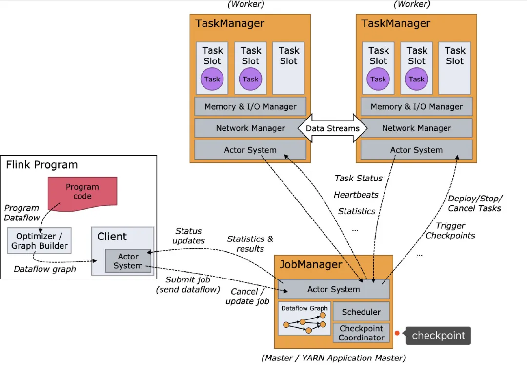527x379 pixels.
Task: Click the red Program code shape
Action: (x=82, y=191)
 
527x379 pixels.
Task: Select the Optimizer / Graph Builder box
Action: (x=40, y=240)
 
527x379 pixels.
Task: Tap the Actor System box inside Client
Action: (x=128, y=261)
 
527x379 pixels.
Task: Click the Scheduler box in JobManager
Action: (x=361, y=312)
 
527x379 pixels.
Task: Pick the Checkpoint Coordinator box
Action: (x=361, y=333)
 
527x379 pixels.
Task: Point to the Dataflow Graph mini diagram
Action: (x=304, y=319)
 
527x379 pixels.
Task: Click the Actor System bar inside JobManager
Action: (x=334, y=289)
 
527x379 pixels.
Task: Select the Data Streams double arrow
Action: (x=332, y=128)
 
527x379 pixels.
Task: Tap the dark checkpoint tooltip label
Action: (x=438, y=336)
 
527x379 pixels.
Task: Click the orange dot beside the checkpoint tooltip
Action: (x=397, y=334)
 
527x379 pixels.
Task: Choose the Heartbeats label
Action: (x=356, y=195)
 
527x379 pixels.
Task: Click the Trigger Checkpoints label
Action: (x=450, y=230)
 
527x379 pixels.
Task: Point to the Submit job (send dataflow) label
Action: (x=188, y=284)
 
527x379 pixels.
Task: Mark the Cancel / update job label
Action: (x=247, y=296)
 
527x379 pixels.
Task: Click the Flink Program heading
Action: (x=42, y=165)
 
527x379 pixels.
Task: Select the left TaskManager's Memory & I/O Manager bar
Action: (x=250, y=106)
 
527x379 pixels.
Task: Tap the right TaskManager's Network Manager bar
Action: (x=416, y=128)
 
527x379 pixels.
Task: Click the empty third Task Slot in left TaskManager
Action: (x=288, y=68)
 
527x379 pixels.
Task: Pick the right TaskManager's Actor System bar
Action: (x=416, y=150)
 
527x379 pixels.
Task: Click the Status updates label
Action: (x=189, y=236)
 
